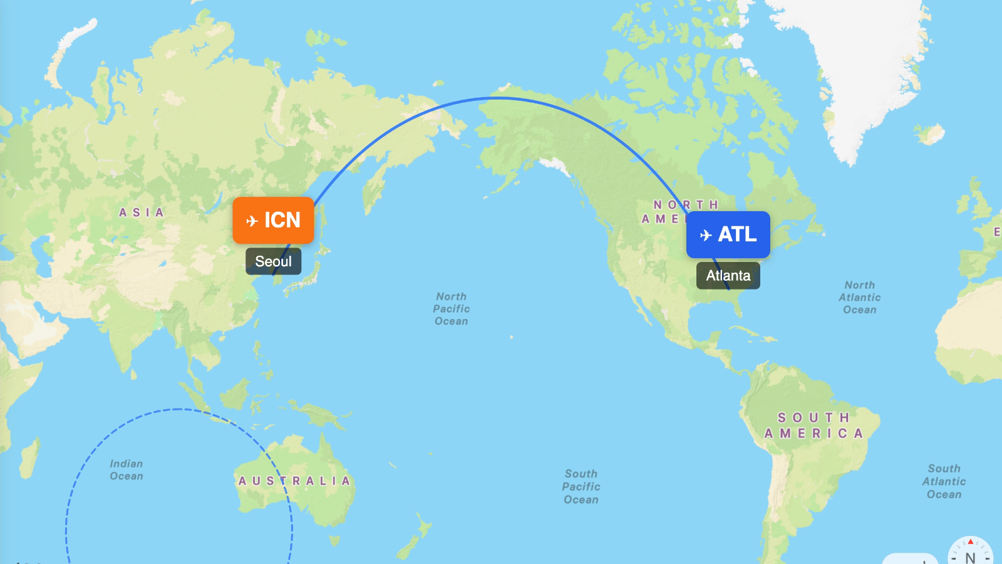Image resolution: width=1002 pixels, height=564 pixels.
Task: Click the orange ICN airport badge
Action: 273,220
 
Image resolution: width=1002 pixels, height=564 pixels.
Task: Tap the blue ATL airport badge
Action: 728,234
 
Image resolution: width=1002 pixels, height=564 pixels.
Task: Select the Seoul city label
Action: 273,261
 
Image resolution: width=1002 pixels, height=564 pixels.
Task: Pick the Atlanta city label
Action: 728,276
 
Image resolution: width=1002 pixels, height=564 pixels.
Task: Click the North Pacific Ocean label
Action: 452,308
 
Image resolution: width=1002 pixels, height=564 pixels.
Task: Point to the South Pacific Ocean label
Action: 581,486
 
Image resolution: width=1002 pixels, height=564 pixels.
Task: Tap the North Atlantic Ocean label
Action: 860,297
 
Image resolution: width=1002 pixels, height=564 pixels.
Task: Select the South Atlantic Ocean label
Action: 944,481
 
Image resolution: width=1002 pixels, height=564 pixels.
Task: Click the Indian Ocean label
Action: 127,469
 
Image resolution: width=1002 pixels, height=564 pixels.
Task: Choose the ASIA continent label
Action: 142,212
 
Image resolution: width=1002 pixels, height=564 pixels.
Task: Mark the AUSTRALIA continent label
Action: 294,481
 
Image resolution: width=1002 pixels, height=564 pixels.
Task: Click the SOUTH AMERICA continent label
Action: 814,426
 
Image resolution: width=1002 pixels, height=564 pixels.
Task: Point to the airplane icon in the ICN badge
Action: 252,221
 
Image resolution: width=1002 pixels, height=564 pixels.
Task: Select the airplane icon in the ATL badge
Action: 706,235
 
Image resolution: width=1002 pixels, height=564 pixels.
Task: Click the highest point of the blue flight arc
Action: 496,98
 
